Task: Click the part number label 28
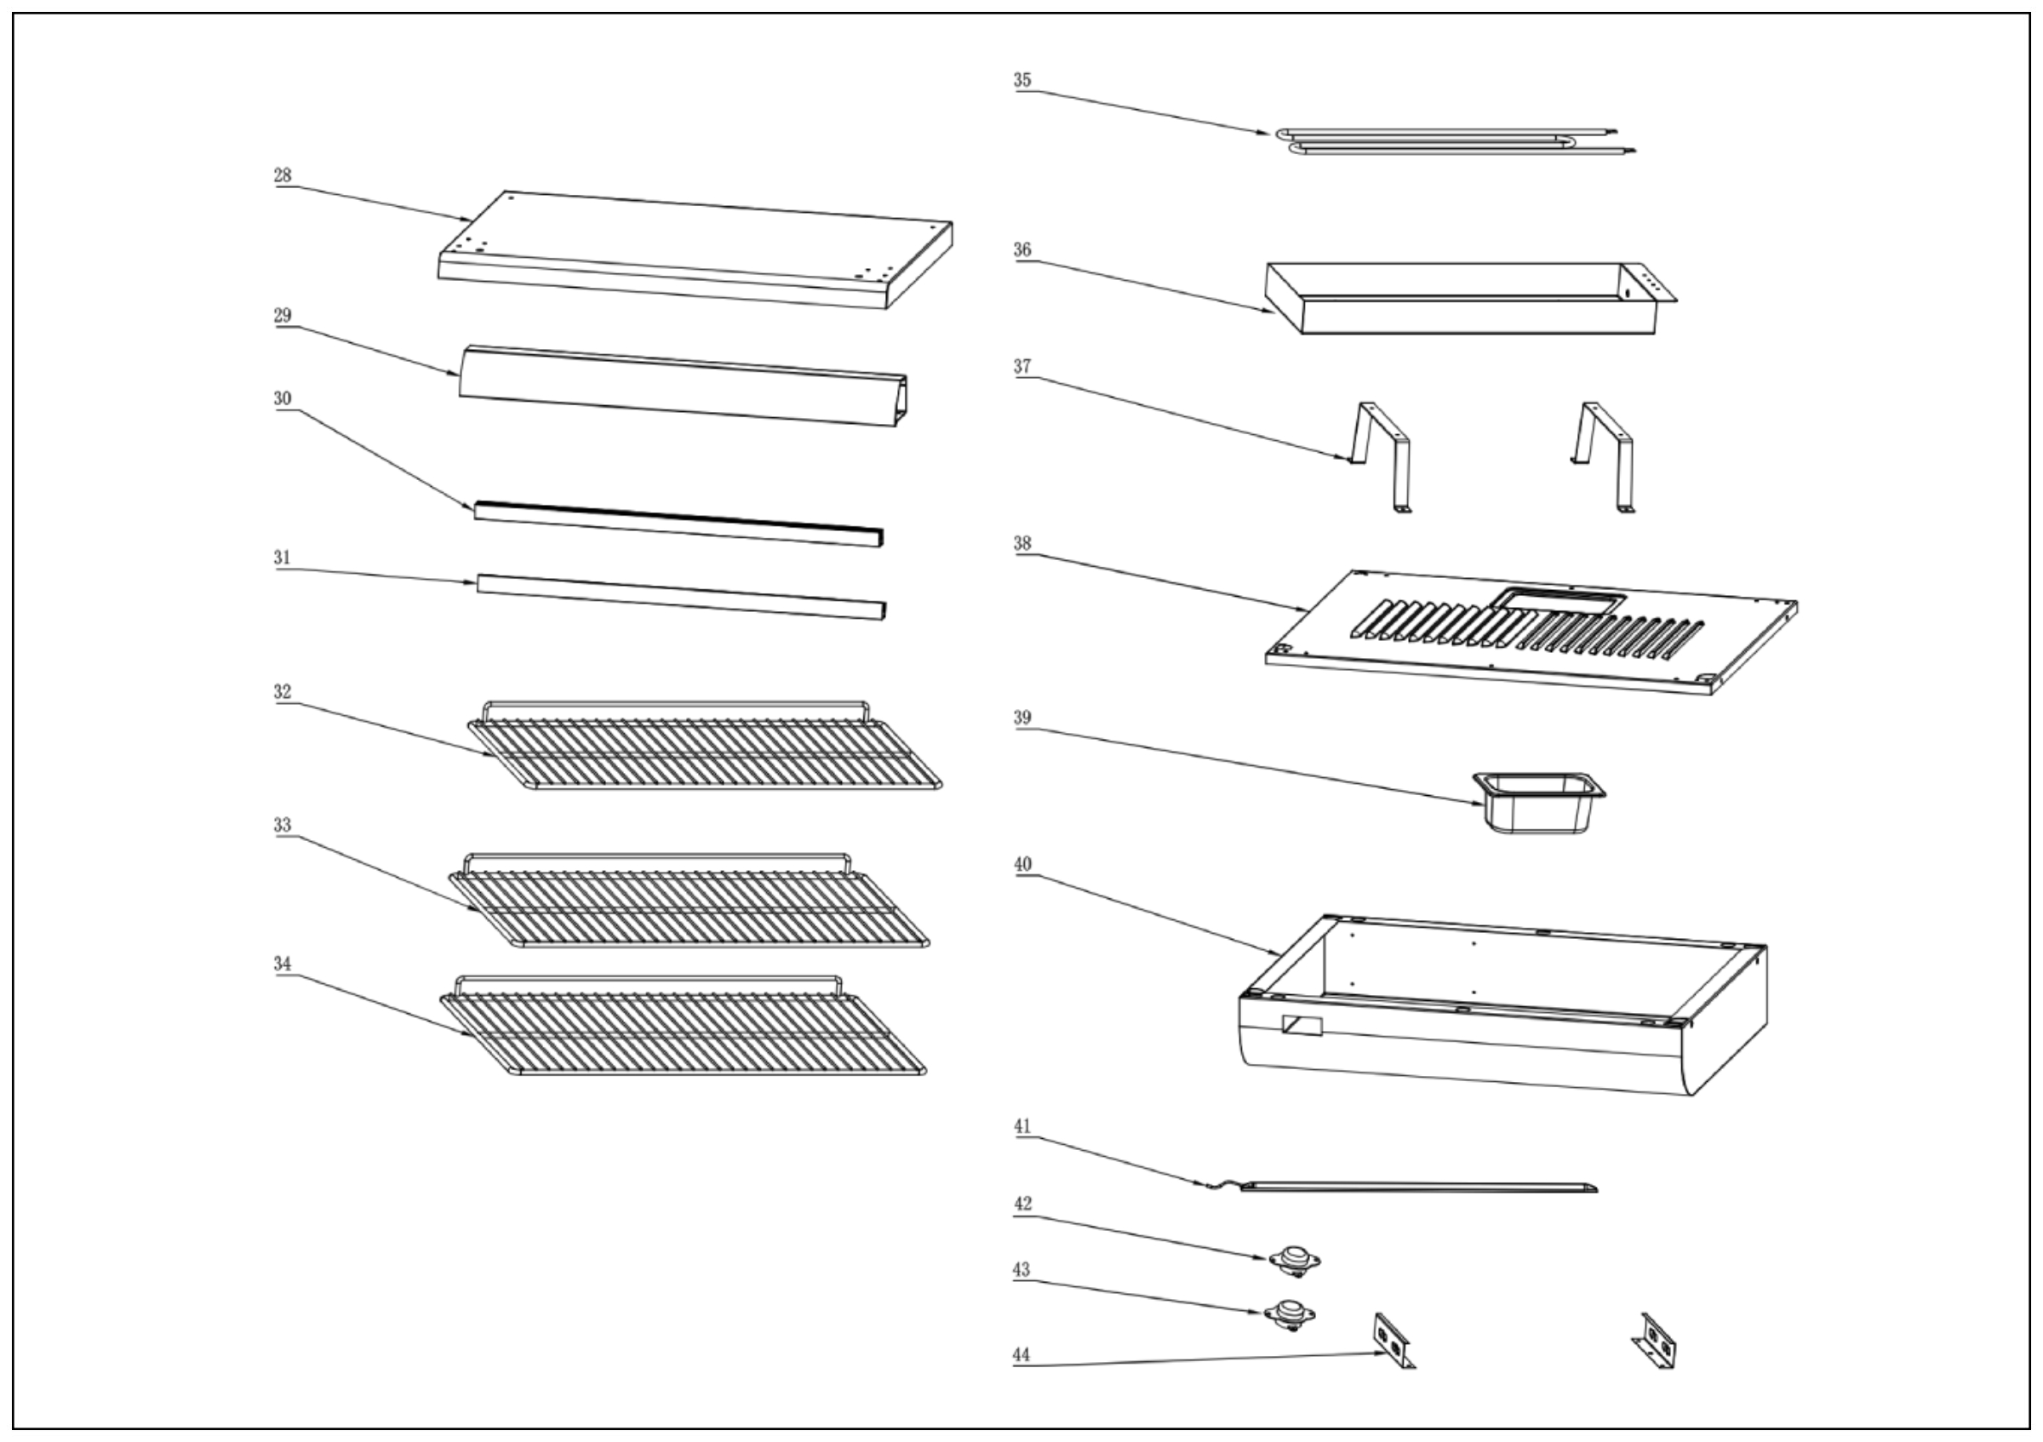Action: point(282,175)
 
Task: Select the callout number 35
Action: point(1022,80)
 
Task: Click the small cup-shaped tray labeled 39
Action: point(1538,802)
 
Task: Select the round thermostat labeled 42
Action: point(1294,1261)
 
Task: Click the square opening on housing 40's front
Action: point(1302,1026)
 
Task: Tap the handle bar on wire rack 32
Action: point(676,705)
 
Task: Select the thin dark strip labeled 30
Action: point(678,524)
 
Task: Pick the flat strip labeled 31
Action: point(681,596)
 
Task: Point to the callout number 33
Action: point(282,826)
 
